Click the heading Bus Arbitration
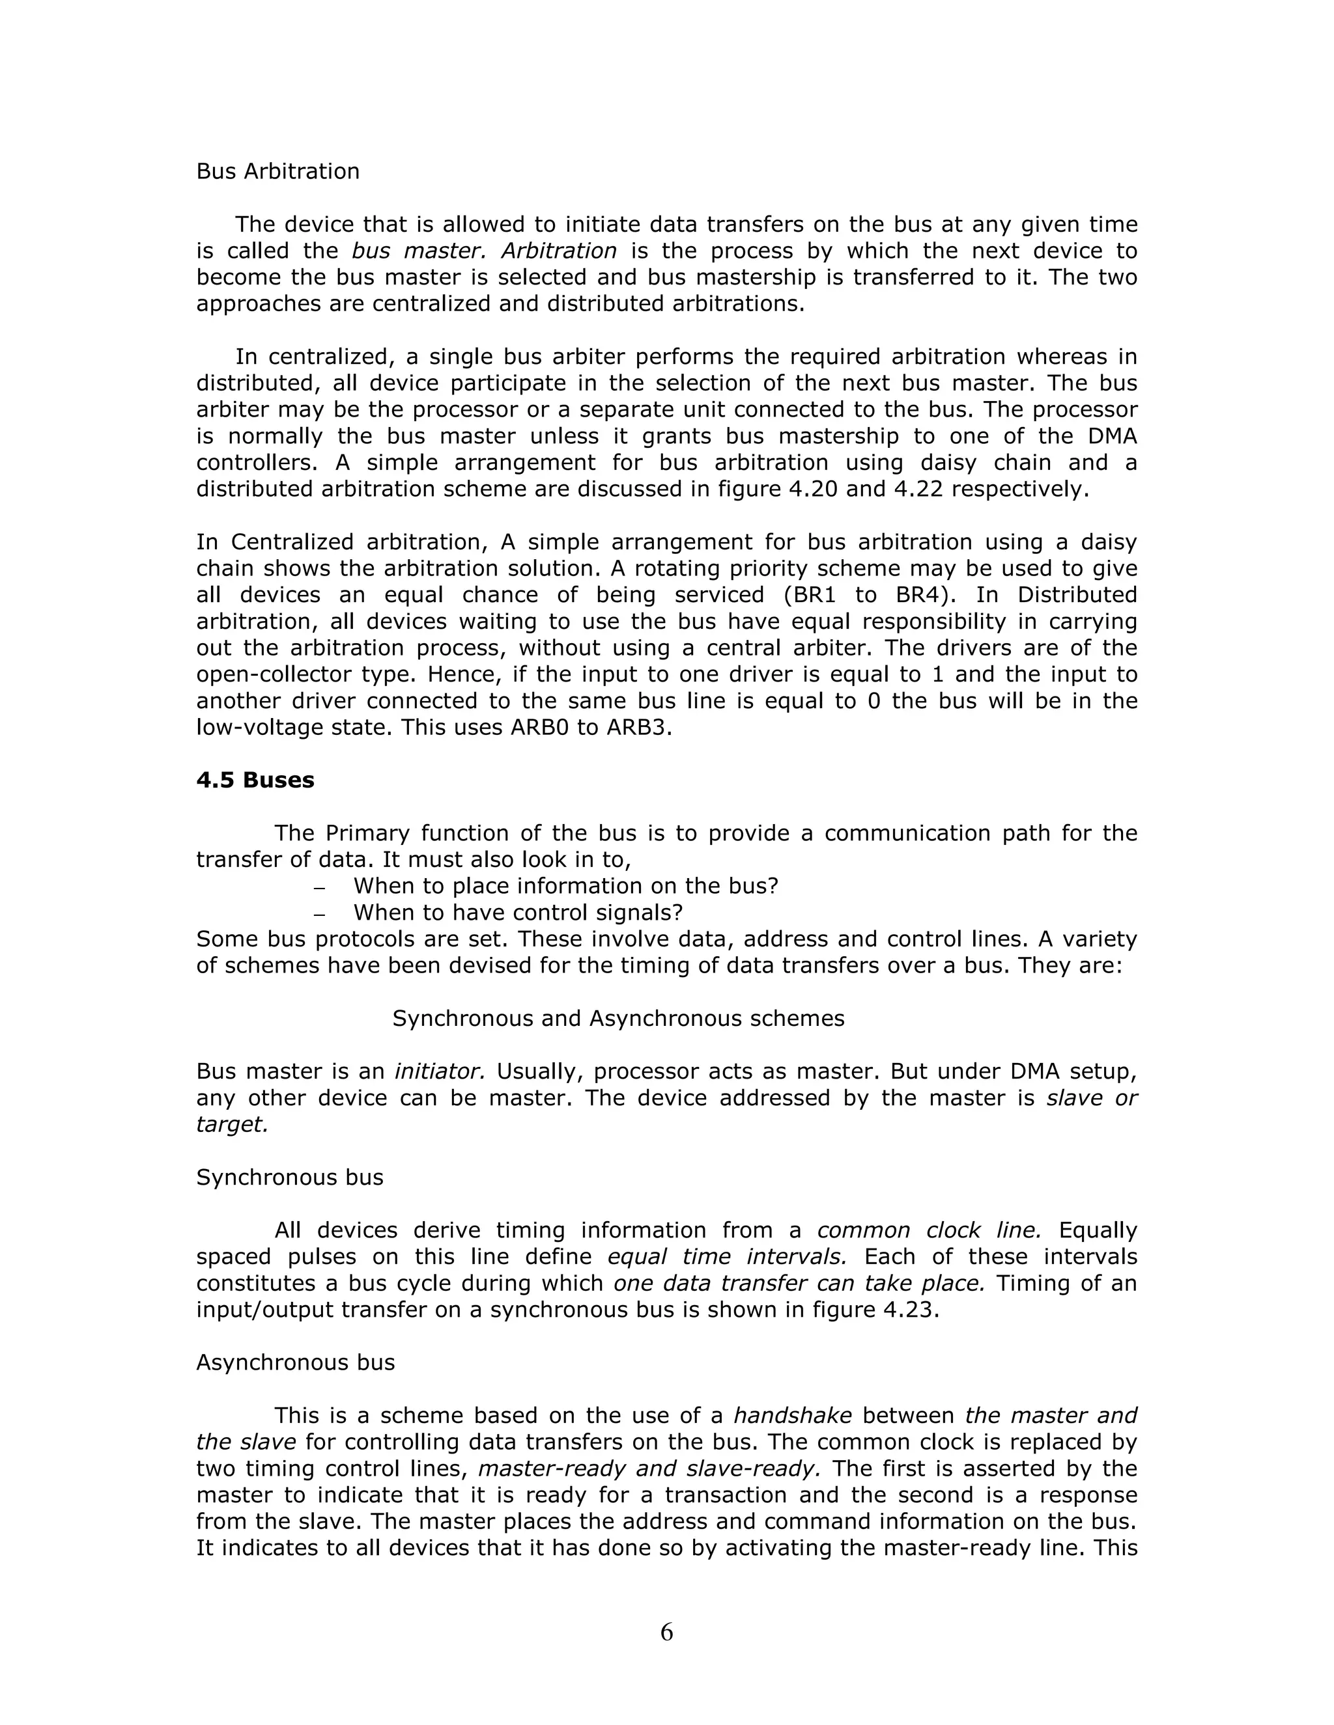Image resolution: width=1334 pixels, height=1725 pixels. [277, 171]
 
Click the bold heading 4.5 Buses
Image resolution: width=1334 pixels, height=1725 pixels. [255, 780]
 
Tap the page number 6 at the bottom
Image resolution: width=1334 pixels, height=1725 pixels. [666, 1633]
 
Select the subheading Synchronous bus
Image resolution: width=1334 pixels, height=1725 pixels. [289, 1178]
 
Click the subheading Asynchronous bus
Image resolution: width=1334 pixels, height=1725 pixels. [295, 1362]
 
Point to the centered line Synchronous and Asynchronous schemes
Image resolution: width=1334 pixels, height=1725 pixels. [618, 1019]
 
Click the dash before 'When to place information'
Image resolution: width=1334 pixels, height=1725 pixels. [319, 889]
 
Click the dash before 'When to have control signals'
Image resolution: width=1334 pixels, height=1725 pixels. [319, 915]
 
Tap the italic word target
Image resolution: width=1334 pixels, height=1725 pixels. [231, 1125]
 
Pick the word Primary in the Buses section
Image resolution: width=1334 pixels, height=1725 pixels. [366, 833]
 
